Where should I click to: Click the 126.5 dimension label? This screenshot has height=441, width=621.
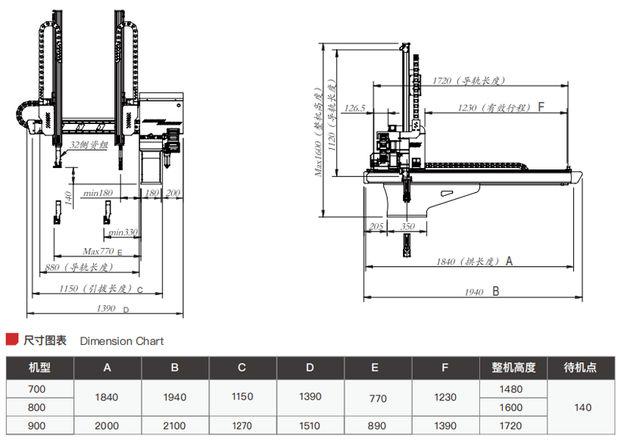click(x=354, y=108)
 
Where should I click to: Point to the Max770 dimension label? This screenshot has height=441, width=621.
click(x=98, y=251)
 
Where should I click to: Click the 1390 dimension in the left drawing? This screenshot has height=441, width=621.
click(x=106, y=309)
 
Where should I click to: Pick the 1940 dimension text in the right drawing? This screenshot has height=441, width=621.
click(x=472, y=291)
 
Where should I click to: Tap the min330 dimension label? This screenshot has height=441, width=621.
click(x=123, y=232)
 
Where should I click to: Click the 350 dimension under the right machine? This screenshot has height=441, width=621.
click(x=408, y=226)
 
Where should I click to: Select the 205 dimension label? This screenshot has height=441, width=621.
click(x=375, y=226)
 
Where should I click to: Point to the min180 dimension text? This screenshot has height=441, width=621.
click(x=98, y=194)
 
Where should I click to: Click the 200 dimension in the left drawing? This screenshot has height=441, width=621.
click(x=173, y=194)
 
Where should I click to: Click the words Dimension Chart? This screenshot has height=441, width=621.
click(x=122, y=341)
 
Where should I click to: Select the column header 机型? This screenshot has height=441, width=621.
click(x=39, y=368)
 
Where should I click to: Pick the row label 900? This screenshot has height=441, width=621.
click(x=37, y=426)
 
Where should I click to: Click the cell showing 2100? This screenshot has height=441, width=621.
click(x=174, y=426)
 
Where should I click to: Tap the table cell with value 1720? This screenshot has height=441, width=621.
click(x=512, y=426)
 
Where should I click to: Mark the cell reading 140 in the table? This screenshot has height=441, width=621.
click(x=582, y=407)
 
